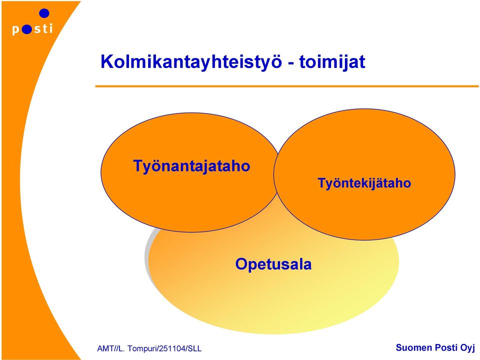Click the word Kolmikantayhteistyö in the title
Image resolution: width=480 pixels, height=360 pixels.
click(191, 62)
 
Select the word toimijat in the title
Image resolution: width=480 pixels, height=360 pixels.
click(332, 62)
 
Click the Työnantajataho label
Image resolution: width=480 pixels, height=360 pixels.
click(191, 166)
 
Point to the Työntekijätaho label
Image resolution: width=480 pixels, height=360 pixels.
click(364, 183)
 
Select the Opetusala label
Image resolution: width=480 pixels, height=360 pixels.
click(273, 264)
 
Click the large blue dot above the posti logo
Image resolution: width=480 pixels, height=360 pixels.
click(44, 13)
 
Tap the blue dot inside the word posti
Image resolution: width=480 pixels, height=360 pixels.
click(26, 29)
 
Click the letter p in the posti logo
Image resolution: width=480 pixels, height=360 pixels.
click(16, 30)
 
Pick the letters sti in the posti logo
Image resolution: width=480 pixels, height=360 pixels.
click(43, 28)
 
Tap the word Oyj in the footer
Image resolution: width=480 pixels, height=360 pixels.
click(467, 348)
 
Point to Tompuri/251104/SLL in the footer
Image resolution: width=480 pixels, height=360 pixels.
click(164, 348)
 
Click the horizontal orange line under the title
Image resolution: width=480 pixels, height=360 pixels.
click(287, 86)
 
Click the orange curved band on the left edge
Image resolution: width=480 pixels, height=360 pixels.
click(18, 183)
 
